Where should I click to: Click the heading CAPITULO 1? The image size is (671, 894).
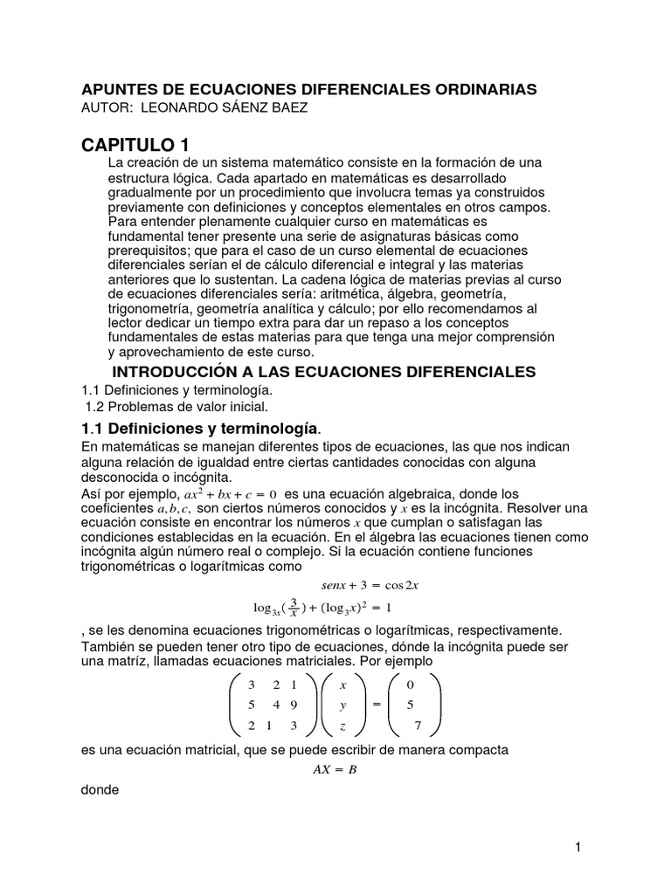[135, 144]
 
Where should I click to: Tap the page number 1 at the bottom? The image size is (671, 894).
[578, 847]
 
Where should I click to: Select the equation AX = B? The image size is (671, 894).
[335, 769]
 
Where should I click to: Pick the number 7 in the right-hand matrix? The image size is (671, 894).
[418, 725]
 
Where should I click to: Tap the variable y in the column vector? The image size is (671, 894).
[343, 705]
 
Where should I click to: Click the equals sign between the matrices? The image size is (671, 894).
[377, 705]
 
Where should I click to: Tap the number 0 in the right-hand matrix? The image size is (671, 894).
[411, 684]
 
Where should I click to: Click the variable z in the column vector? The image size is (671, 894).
[343, 725]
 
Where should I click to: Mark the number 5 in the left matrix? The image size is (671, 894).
[252, 705]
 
